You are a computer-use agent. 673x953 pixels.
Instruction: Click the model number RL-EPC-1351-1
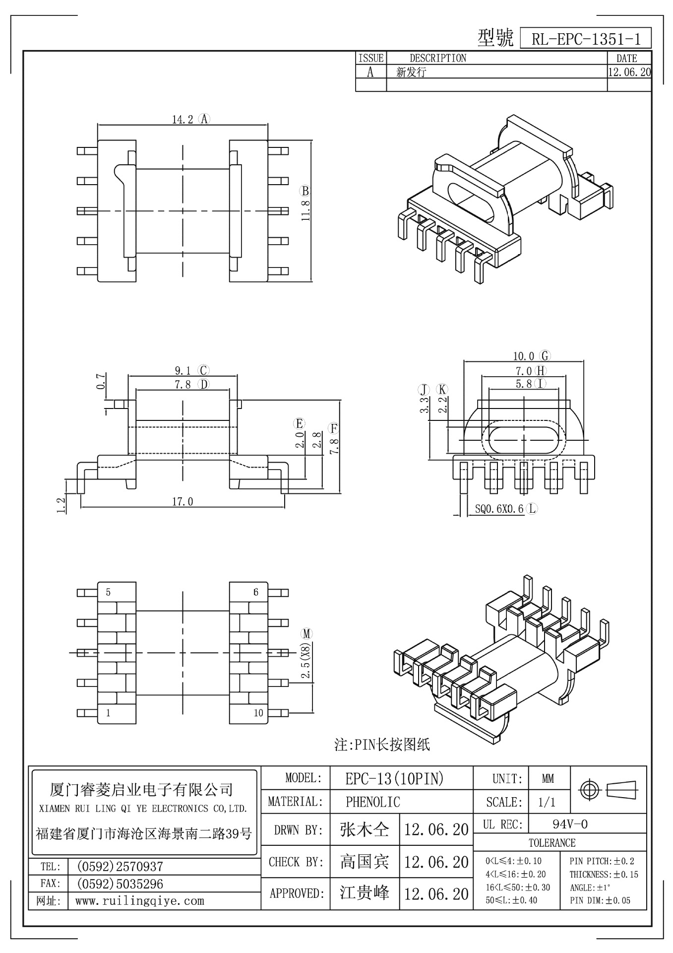coord(585,39)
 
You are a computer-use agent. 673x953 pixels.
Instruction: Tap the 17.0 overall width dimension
coord(183,502)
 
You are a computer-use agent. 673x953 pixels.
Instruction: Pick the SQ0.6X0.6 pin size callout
coord(499,509)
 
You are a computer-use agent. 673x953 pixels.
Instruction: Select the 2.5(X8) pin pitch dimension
coord(306,661)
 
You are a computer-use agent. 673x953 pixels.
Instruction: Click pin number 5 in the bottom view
coord(108,592)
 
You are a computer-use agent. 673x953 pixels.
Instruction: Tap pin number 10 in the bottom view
coord(258,713)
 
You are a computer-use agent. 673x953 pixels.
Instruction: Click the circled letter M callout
coord(306,634)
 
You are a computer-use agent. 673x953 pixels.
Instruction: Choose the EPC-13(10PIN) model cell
coord(394,779)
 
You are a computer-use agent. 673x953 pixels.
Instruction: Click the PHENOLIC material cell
coord(372,802)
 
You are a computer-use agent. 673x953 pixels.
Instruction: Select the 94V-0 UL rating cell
coord(570,824)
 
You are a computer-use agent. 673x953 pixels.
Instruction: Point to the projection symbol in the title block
coord(609,789)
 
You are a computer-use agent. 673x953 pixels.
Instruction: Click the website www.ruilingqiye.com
coord(139,901)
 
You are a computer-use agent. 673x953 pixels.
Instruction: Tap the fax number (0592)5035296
coord(119,884)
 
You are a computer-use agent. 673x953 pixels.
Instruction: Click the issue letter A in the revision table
coord(370,72)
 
